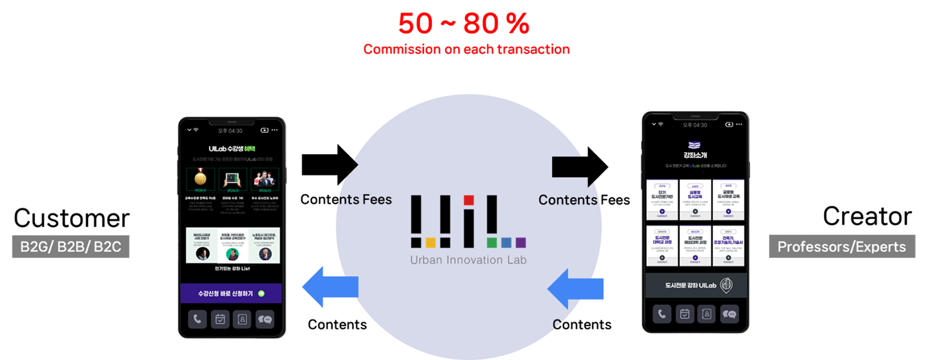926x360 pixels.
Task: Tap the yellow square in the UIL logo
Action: click(430, 242)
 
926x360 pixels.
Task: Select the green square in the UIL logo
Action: click(491, 242)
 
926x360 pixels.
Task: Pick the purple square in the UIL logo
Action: click(521, 242)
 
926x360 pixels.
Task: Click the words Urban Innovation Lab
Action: click(468, 259)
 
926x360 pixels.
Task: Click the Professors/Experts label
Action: click(841, 247)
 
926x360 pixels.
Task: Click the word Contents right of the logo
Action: click(568, 200)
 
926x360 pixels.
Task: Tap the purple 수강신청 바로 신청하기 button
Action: click(231, 293)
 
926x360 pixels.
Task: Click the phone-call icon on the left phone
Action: click(196, 319)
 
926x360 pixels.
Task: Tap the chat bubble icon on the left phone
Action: click(265, 319)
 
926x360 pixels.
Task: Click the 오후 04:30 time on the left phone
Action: click(232, 130)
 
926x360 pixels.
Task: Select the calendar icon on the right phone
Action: click(684, 314)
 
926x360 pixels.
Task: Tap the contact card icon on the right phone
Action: click(706, 314)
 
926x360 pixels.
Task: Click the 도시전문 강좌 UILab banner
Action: click(696, 285)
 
